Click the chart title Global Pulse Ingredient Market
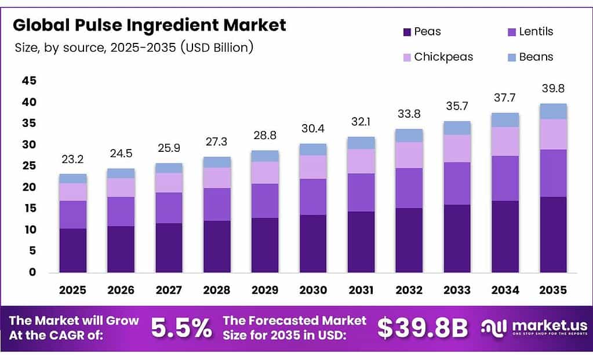[x=150, y=26]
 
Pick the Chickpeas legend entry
[x=443, y=57]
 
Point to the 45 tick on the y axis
[x=29, y=81]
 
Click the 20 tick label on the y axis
[x=29, y=187]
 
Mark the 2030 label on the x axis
[x=313, y=290]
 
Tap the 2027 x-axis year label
[x=169, y=290]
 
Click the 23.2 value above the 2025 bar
[x=72, y=159]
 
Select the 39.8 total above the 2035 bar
[x=553, y=88]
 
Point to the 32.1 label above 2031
[x=361, y=122]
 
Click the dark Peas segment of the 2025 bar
[x=72, y=250]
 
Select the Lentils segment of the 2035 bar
[x=553, y=173]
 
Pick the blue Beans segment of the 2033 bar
[x=457, y=128]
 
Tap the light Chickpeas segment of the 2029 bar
[x=265, y=172]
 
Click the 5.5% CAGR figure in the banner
[x=181, y=328]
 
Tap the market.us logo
[x=534, y=328]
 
